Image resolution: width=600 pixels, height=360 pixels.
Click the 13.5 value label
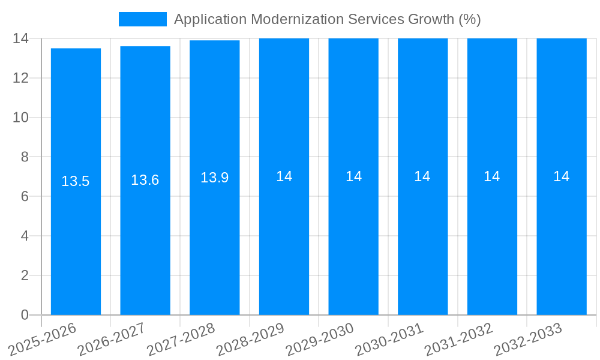click(76, 181)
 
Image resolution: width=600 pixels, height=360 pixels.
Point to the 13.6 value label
click(145, 180)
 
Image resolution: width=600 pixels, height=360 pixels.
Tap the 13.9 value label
click(214, 178)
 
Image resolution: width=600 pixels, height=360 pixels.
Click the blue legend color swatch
click(142, 19)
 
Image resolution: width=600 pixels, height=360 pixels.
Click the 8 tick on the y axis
click(25, 157)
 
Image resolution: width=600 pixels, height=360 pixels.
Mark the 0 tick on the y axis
click(25, 315)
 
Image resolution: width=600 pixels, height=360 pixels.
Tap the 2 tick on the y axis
click(25, 275)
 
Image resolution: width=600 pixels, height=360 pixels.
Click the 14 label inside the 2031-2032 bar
click(492, 176)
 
